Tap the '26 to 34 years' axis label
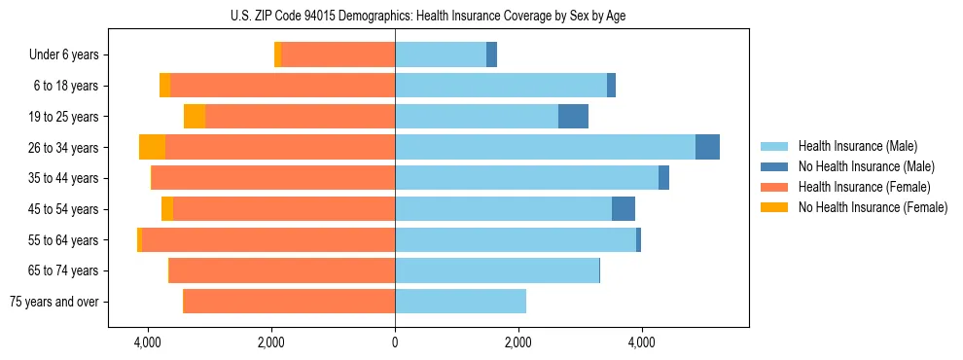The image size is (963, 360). click(64, 148)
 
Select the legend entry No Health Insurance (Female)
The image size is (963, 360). click(873, 207)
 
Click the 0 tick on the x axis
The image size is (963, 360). click(395, 342)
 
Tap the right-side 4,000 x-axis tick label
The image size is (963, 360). click(642, 342)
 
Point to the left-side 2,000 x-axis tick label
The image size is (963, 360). click(271, 342)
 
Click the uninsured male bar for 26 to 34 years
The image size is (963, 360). click(707, 147)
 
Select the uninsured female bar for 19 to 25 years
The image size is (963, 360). click(195, 117)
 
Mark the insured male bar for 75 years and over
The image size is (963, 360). click(460, 302)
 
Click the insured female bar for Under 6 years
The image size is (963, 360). click(339, 55)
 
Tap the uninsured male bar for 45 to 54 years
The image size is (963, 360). click(624, 209)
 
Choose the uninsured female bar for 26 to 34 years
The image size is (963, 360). click(153, 147)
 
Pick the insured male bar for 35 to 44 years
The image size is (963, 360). click(526, 178)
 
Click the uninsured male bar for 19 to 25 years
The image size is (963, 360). click(573, 117)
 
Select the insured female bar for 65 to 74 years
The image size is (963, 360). click(282, 270)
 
